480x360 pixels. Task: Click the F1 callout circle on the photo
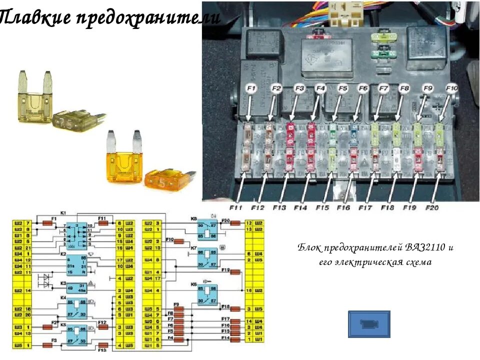coord(250,88)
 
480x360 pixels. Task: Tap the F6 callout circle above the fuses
coord(362,88)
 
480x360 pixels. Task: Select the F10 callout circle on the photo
coord(451,88)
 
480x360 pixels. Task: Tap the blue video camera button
coord(369,323)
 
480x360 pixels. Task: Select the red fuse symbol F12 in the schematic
coord(104,328)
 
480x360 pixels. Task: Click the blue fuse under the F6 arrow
coord(354,133)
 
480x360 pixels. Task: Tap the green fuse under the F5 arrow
coord(333,132)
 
